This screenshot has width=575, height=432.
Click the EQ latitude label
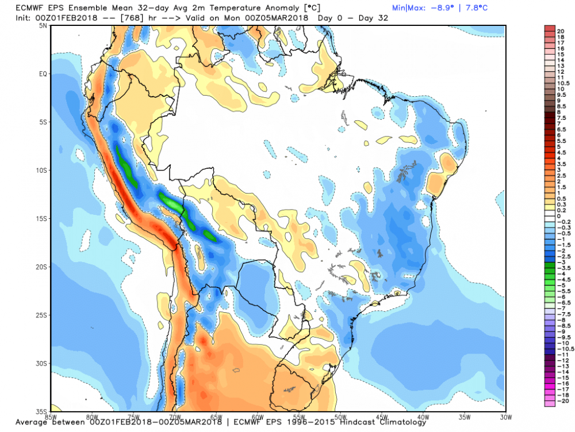43,74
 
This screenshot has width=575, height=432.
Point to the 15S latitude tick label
42,219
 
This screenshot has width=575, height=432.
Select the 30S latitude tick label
42,363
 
